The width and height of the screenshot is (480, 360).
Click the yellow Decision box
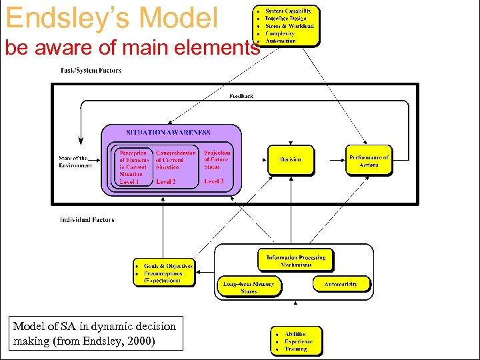click(x=290, y=160)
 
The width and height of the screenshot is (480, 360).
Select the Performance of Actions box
click(x=369, y=161)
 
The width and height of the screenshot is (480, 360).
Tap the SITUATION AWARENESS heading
click(x=168, y=133)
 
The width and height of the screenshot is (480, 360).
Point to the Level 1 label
click(x=129, y=181)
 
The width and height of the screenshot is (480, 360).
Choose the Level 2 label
click(x=166, y=181)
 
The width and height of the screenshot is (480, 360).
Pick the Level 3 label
click(x=213, y=181)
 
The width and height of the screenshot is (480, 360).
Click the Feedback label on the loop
click(x=241, y=96)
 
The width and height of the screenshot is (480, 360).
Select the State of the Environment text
click(x=75, y=161)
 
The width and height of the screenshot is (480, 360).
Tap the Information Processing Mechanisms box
click(x=296, y=261)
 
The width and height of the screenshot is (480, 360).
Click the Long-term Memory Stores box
click(x=249, y=287)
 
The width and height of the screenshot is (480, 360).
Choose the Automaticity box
click(x=341, y=284)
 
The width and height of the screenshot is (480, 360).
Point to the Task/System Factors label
click(x=91, y=71)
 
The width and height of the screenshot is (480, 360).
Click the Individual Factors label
click(x=87, y=219)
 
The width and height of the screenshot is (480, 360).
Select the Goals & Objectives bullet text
click(x=169, y=265)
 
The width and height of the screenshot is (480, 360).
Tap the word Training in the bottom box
click(x=296, y=349)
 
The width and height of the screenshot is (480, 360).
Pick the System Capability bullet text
click(x=288, y=11)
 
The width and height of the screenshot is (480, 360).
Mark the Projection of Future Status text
click(x=217, y=159)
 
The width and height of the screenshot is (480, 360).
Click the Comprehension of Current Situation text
click(x=175, y=160)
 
